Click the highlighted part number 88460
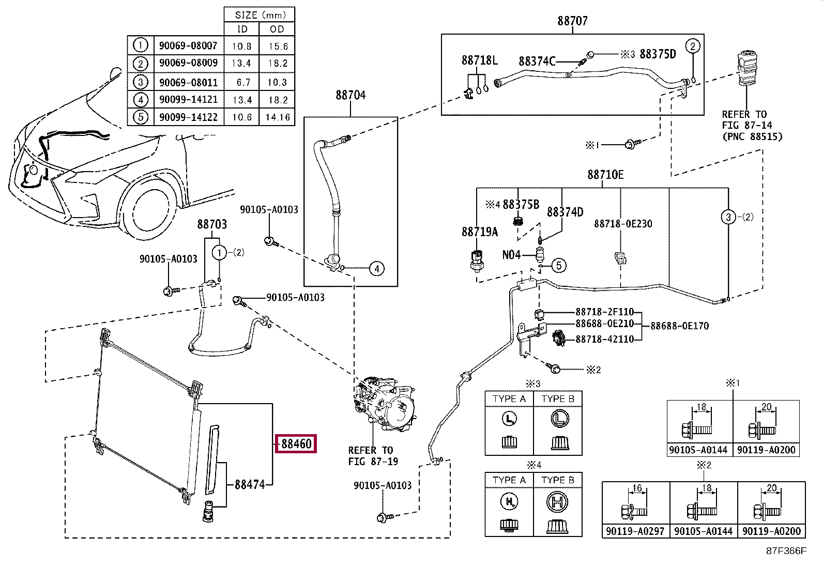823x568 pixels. point(296,443)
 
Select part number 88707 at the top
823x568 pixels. point(572,21)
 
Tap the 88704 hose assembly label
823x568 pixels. point(350,95)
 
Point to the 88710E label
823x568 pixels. point(605,175)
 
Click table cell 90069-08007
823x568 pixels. point(188,45)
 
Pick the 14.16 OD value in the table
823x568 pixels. point(278,117)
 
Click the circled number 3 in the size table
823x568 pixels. point(140,82)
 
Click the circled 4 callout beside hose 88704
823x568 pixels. point(377,268)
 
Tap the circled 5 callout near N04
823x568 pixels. point(559,266)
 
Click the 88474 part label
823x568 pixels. point(250,485)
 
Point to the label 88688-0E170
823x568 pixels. point(679,326)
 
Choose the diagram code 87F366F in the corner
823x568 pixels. point(786,551)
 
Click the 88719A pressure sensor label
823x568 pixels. point(480,232)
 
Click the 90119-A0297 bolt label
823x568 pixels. point(635,531)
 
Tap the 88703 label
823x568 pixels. point(212,224)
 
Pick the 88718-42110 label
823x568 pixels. point(604,340)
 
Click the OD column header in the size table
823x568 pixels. point(277,29)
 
